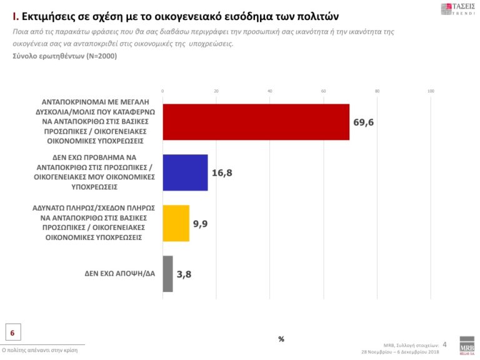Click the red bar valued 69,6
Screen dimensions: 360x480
pyautogui.click(x=256, y=121)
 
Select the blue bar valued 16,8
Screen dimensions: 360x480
pyautogui.click(x=185, y=172)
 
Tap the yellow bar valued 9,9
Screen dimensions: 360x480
pyautogui.click(x=176, y=222)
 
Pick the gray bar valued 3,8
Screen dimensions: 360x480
pyautogui.click(x=167, y=273)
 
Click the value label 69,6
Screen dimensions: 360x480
pyautogui.click(x=363, y=122)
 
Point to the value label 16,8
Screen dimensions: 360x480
pyautogui.click(x=222, y=172)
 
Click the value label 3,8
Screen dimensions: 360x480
pyautogui.click(x=184, y=273)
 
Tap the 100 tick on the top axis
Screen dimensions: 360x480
pyautogui.click(x=430, y=92)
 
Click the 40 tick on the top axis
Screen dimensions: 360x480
pyautogui.click(x=270, y=92)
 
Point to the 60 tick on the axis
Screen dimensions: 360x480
pyautogui.click(x=324, y=92)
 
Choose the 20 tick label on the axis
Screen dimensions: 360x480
pyautogui.click(x=216, y=92)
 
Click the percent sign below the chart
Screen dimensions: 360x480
pyautogui.click(x=281, y=339)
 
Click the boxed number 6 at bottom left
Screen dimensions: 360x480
pyautogui.click(x=12, y=332)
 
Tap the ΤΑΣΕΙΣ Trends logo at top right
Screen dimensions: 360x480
pyautogui.click(x=457, y=9)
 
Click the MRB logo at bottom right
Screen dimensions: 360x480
pyautogui.click(x=466, y=347)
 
